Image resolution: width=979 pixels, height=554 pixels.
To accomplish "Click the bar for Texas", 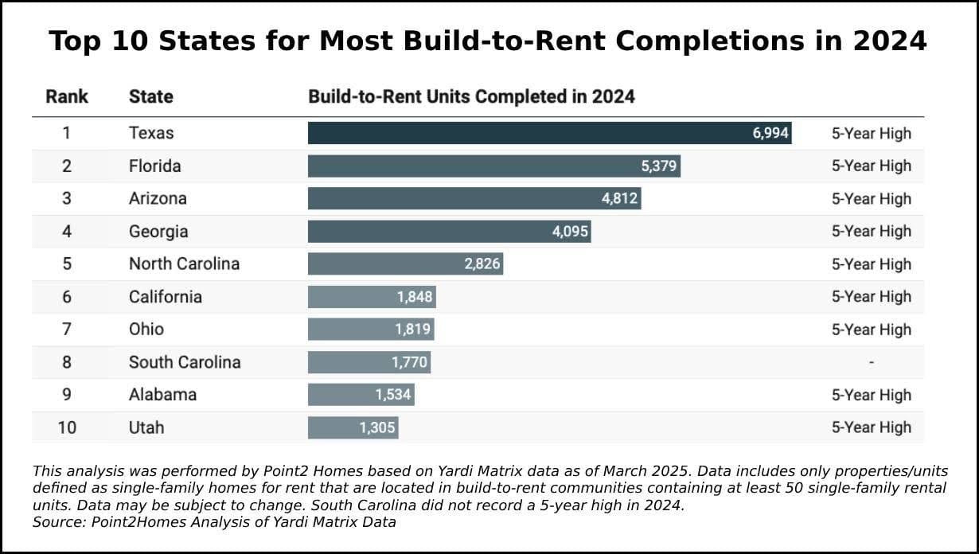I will point(549,133).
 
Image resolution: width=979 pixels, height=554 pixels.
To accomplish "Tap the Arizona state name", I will point(158,198).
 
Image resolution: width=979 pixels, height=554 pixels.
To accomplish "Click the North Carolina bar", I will point(405,264).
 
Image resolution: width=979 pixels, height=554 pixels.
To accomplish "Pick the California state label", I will point(166,297).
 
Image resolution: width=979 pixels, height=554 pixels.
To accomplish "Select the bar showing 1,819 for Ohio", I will point(371,330).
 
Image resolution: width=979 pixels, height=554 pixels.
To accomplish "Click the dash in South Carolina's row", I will point(872,362).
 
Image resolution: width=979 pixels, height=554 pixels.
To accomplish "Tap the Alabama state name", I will point(162,395).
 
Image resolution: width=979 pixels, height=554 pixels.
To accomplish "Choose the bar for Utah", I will point(353,427).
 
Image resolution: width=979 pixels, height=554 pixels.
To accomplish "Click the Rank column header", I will point(67,97).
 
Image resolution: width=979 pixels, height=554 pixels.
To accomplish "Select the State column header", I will point(150,97).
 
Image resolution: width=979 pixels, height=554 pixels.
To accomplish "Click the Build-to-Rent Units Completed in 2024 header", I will point(471,97).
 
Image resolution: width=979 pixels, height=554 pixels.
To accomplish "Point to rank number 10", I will point(67,427).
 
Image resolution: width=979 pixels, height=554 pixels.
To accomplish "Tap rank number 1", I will point(67,133).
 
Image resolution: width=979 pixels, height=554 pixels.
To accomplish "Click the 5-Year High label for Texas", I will point(872,133).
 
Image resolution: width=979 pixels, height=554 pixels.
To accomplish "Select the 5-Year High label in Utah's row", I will point(872,427).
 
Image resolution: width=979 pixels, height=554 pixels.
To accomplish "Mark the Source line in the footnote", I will point(214,522).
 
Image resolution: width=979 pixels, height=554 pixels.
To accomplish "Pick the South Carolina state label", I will point(185,362).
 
